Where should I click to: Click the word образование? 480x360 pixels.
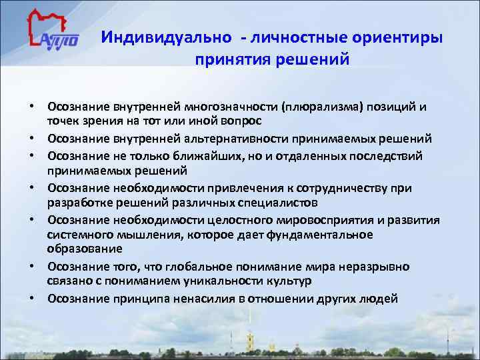(85, 249)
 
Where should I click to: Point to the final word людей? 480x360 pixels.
(379, 299)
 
